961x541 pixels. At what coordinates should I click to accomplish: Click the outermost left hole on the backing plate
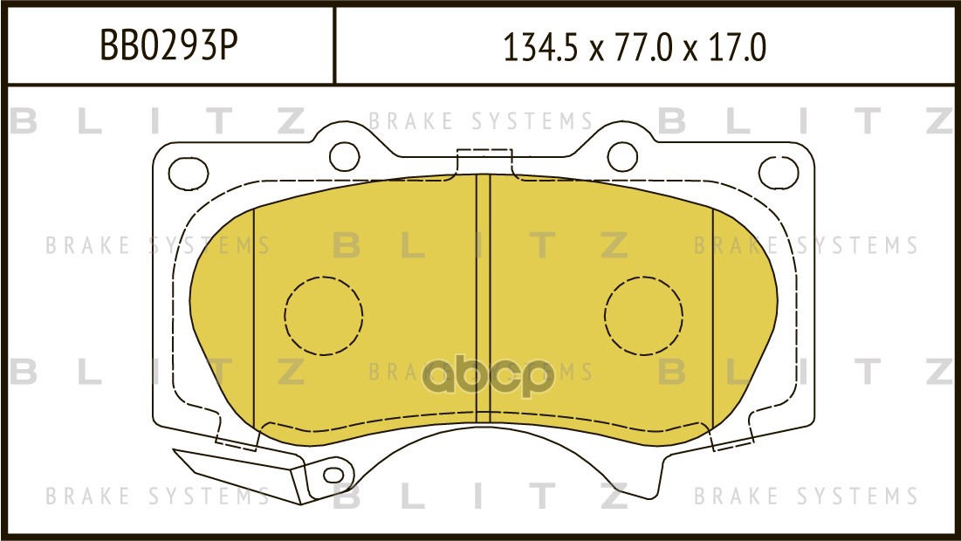click(189, 174)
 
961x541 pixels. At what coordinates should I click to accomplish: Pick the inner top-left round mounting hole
click(345, 157)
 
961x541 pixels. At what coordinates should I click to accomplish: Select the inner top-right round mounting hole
click(622, 157)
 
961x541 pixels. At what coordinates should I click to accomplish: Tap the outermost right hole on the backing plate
click(779, 172)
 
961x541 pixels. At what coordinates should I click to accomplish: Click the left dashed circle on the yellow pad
click(324, 316)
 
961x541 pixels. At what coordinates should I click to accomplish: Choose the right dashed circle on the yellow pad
click(643, 316)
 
